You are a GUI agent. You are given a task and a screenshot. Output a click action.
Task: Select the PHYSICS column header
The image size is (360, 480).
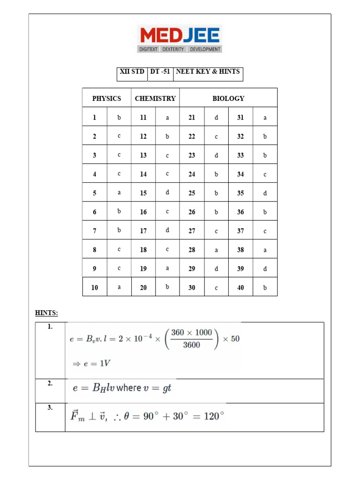tap(106, 98)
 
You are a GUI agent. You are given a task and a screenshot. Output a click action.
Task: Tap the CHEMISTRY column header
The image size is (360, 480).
tap(155, 98)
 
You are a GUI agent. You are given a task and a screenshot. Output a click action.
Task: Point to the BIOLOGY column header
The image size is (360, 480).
tap(228, 98)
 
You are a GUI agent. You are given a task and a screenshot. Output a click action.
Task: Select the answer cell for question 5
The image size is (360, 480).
tap(119, 193)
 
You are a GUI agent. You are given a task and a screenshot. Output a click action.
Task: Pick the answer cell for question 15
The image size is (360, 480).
tap(167, 193)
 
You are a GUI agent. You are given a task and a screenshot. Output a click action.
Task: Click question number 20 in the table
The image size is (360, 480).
tap(143, 287)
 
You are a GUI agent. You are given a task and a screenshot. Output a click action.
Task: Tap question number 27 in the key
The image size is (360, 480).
tap(192, 231)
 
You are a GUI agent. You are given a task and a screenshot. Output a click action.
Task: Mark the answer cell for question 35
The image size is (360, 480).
tap(265, 193)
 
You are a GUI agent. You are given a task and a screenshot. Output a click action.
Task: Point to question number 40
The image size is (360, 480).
tap(240, 287)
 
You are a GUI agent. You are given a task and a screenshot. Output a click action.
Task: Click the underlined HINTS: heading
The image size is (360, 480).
tap(46, 313)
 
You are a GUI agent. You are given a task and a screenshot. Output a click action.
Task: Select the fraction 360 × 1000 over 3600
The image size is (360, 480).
tap(191, 339)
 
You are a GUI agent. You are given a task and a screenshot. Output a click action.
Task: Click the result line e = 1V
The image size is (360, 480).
tap(90, 363)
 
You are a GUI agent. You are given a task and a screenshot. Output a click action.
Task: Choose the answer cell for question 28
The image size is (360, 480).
tap(216, 250)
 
